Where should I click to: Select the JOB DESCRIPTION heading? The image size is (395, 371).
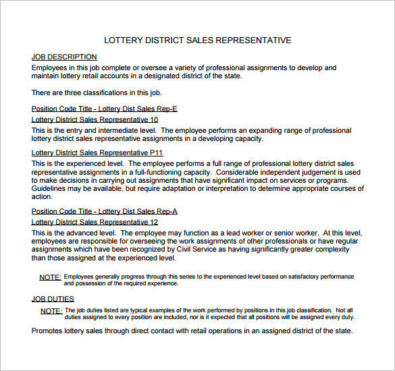pyautogui.click(x=64, y=57)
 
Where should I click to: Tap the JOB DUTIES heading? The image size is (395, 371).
pyautogui.click(x=53, y=299)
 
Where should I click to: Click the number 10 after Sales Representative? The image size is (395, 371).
pyautogui.click(x=154, y=119)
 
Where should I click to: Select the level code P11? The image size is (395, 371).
pyautogui.click(x=156, y=153)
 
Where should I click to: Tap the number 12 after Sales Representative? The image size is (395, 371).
pyautogui.click(x=154, y=222)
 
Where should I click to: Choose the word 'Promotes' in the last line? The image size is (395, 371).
pyautogui.click(x=49, y=331)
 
